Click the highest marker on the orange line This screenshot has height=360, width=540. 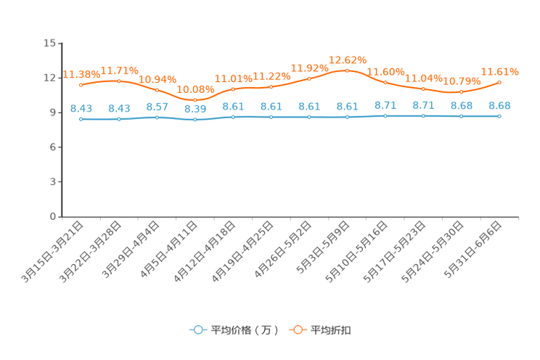click(348, 70)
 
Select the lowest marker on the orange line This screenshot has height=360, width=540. click(195, 100)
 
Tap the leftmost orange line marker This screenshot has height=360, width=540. click(81, 85)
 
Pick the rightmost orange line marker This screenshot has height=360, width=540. click(499, 82)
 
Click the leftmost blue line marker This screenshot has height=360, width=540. click(81, 119)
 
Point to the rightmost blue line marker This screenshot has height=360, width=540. click(499, 116)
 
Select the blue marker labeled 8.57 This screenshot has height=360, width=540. click(157, 117)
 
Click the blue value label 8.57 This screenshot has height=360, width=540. click(157, 107)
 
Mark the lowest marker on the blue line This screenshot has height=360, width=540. click(195, 120)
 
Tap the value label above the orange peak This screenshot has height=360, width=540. click(348, 59)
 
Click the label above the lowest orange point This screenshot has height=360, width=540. click(195, 89)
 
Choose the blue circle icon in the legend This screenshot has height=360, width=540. click(198, 330)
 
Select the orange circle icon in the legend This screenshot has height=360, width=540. click(297, 330)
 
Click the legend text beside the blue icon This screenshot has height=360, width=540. click(245, 330)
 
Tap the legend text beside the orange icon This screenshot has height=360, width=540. click(332, 330)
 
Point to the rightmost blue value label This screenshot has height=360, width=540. click(499, 106)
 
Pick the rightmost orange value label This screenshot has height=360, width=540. click(500, 71)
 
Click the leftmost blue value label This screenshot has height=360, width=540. click(81, 109)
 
